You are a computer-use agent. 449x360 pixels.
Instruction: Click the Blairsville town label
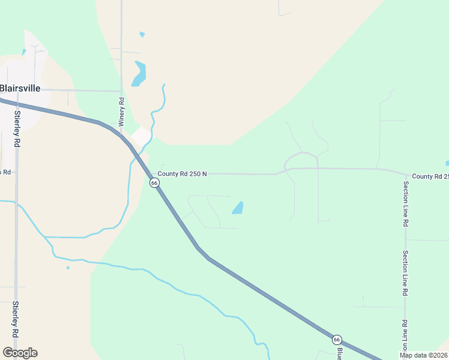point(20,88)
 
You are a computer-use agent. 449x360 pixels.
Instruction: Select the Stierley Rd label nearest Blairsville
point(17,130)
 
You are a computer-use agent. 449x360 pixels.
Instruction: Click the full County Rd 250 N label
point(182,174)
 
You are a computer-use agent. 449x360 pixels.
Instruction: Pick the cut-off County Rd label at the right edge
point(430,176)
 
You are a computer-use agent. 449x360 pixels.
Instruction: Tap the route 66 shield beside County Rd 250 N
point(154,183)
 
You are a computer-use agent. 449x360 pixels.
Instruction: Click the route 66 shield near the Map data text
point(337,340)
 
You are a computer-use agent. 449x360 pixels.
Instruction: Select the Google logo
point(20,353)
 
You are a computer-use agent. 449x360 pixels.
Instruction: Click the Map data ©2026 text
point(423,355)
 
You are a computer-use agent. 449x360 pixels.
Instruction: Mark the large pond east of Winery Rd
point(139,74)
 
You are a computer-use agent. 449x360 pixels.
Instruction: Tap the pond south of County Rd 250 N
point(238,208)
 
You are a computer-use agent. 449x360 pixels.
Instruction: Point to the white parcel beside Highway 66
point(141,137)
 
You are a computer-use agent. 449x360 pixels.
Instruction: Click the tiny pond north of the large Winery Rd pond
point(142,35)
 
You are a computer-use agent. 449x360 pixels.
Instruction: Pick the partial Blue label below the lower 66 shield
point(339,353)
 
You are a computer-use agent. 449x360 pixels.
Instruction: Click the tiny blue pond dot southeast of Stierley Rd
point(68,268)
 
